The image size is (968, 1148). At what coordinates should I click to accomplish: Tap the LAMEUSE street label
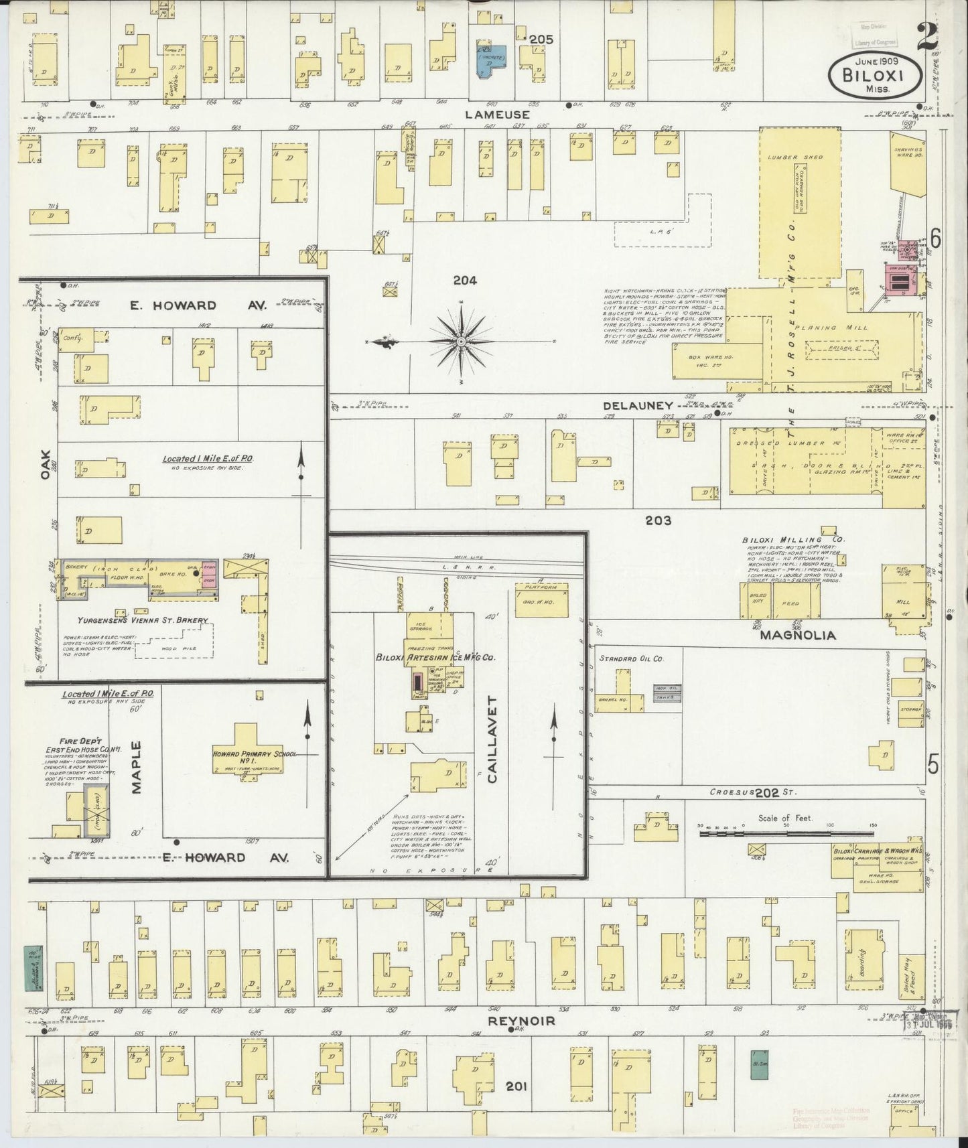pyautogui.click(x=497, y=115)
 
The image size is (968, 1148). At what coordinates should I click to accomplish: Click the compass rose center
pyautogui.click(x=462, y=342)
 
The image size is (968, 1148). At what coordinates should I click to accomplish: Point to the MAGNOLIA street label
pyautogui.click(x=797, y=635)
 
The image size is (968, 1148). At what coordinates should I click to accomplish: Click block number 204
pyautogui.click(x=464, y=281)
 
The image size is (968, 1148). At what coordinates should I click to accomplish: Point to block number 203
pyautogui.click(x=658, y=520)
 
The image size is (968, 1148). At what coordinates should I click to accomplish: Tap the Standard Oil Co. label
pyautogui.click(x=631, y=659)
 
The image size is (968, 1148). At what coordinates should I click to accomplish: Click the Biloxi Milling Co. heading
pyautogui.click(x=792, y=539)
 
